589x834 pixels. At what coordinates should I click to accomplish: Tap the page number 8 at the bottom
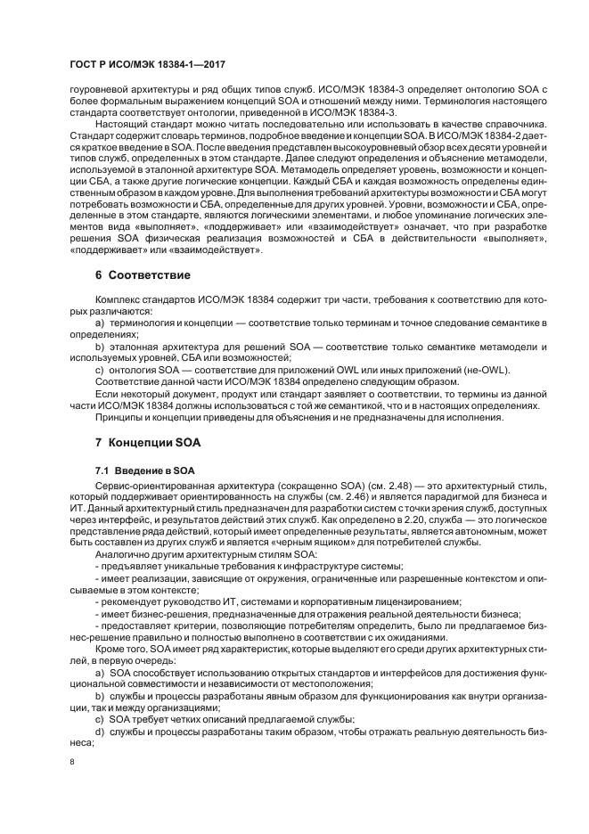[71, 762]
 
